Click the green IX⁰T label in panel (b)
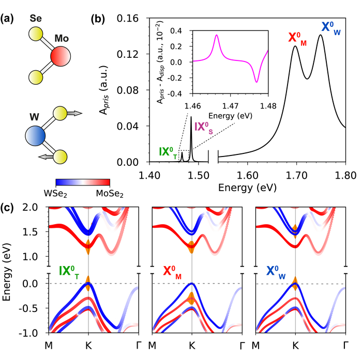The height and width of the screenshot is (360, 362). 169,153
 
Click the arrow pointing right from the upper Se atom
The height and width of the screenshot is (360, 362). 74,112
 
